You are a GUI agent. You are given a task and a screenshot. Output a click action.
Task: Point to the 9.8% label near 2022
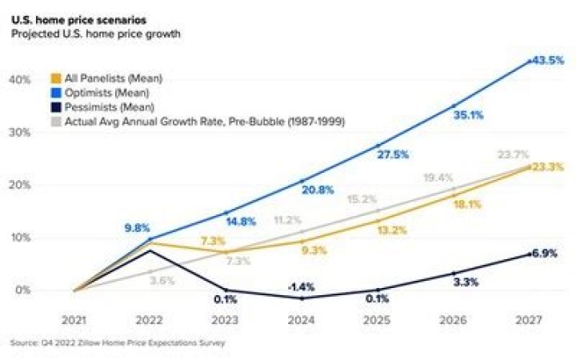[137, 227]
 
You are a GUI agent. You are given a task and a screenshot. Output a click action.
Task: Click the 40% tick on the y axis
[21, 80]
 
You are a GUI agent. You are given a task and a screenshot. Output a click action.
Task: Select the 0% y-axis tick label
[23, 290]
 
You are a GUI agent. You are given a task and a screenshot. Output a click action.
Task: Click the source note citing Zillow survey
[118, 343]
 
